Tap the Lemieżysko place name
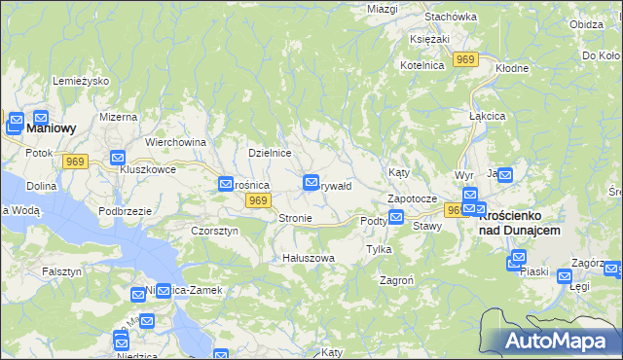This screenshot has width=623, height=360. (x=80, y=81)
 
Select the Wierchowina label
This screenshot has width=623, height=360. (x=176, y=142)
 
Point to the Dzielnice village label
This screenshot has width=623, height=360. (x=270, y=153)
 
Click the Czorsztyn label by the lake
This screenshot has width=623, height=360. (x=214, y=231)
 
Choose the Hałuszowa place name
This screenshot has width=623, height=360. (x=308, y=258)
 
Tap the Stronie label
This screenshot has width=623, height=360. (x=295, y=218)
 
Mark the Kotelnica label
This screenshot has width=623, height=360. (x=421, y=65)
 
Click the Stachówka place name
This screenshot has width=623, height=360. (x=451, y=17)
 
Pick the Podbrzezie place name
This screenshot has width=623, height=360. (x=125, y=211)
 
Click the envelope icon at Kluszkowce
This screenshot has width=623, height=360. (x=118, y=158)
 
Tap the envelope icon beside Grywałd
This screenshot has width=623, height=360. (x=311, y=181)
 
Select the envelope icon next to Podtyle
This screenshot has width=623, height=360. (x=395, y=218)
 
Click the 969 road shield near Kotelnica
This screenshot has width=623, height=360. (x=466, y=60)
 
